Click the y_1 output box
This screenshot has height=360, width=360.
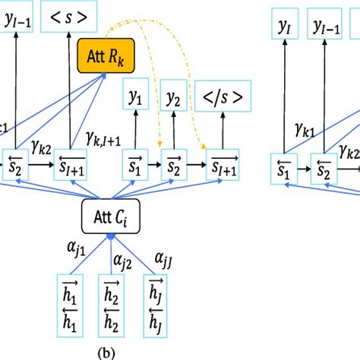tap(137, 98)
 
